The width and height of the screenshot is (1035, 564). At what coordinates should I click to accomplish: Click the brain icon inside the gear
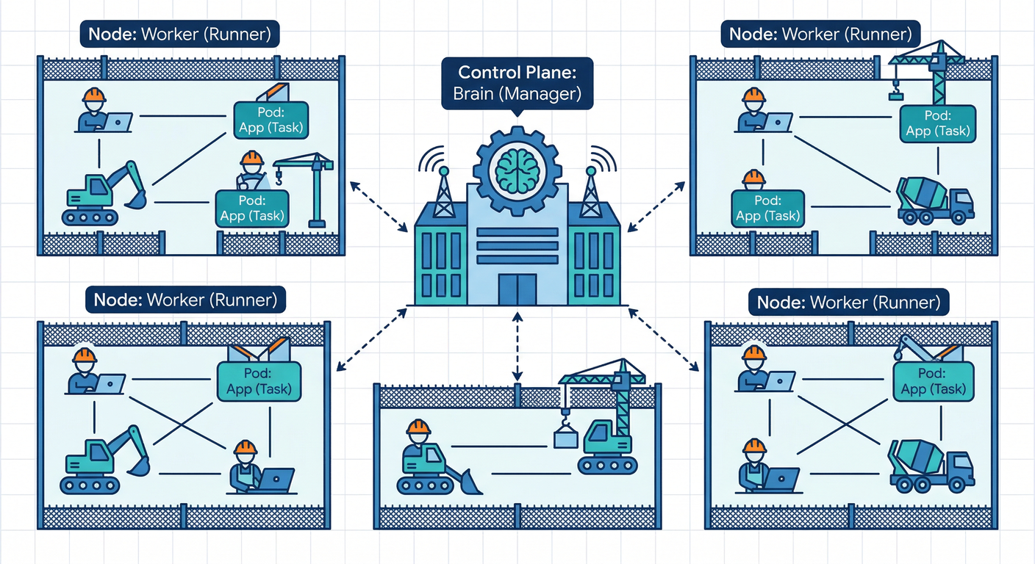click(517, 167)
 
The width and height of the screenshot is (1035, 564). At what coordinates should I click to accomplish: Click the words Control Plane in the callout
click(517, 73)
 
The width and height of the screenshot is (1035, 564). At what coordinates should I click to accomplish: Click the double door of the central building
click(517, 289)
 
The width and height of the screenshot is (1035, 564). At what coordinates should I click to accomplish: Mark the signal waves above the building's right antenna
click(604, 158)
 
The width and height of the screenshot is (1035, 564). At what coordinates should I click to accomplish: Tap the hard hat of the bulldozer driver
click(418, 428)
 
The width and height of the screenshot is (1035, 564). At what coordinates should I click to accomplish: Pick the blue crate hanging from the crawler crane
click(565, 438)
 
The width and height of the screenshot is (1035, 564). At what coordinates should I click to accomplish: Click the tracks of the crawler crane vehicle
click(606, 465)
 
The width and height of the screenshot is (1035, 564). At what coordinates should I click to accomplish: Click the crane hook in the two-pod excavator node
click(279, 176)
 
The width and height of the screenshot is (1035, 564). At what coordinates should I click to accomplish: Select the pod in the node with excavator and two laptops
click(259, 380)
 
